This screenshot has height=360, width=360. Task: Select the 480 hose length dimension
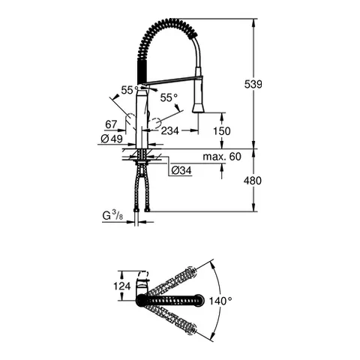pyautogui.click(x=253, y=180)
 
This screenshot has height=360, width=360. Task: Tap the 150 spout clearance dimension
pyautogui.click(x=222, y=130)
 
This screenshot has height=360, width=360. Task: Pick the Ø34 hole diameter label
pyautogui.click(x=181, y=171)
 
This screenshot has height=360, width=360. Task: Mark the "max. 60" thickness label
pyautogui.click(x=221, y=157)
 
